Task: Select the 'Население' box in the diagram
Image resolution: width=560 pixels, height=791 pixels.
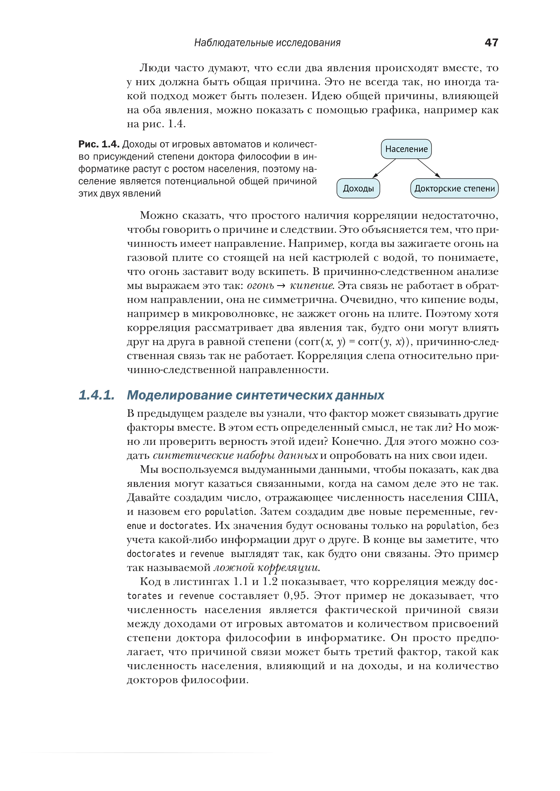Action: [x=406, y=149]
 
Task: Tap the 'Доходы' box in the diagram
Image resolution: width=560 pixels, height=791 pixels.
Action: [x=358, y=188]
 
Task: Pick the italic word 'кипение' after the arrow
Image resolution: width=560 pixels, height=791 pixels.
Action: [x=312, y=286]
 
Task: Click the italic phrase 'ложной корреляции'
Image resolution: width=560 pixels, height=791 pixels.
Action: [x=267, y=567]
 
